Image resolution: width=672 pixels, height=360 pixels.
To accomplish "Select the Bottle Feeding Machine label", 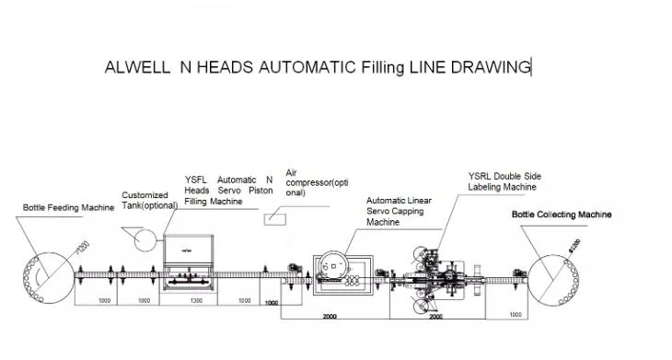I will point(68,208).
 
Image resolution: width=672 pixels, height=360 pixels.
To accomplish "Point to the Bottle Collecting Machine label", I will point(562,215).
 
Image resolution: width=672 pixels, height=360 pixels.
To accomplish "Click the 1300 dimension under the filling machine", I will point(197,301).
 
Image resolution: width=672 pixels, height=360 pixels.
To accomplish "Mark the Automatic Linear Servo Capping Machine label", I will point(399,211).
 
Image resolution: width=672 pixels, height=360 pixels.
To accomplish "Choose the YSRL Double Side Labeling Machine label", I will point(502,181).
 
